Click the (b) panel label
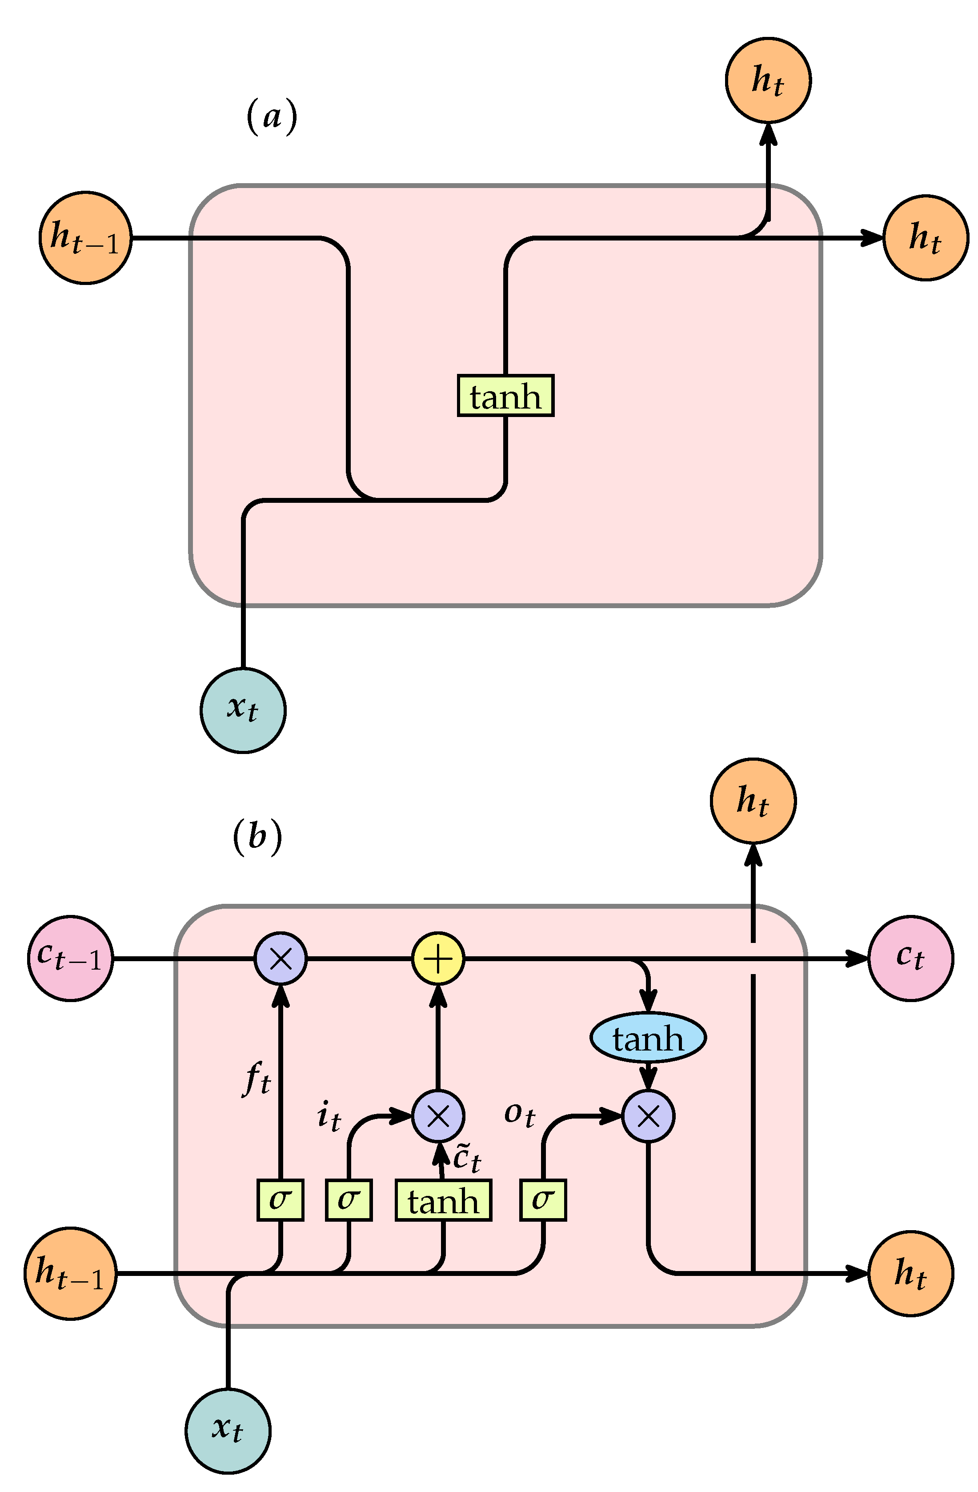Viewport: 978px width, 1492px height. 257,836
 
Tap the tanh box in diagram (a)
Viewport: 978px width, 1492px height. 505,396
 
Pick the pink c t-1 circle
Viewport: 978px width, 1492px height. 70,958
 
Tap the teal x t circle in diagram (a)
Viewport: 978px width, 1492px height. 243,710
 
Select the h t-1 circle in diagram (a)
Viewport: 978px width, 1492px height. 85,238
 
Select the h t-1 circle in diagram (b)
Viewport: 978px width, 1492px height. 70,1273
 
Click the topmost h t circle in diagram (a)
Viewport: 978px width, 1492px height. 768,80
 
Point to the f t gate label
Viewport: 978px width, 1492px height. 257,1079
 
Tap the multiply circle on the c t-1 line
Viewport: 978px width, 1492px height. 280,959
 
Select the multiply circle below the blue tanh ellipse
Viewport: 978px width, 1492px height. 648,1116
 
